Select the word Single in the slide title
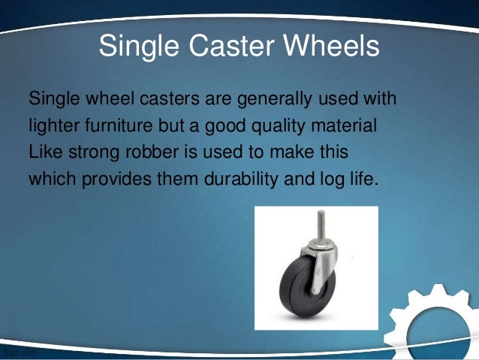(135, 47)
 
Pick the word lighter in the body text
(51, 125)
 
